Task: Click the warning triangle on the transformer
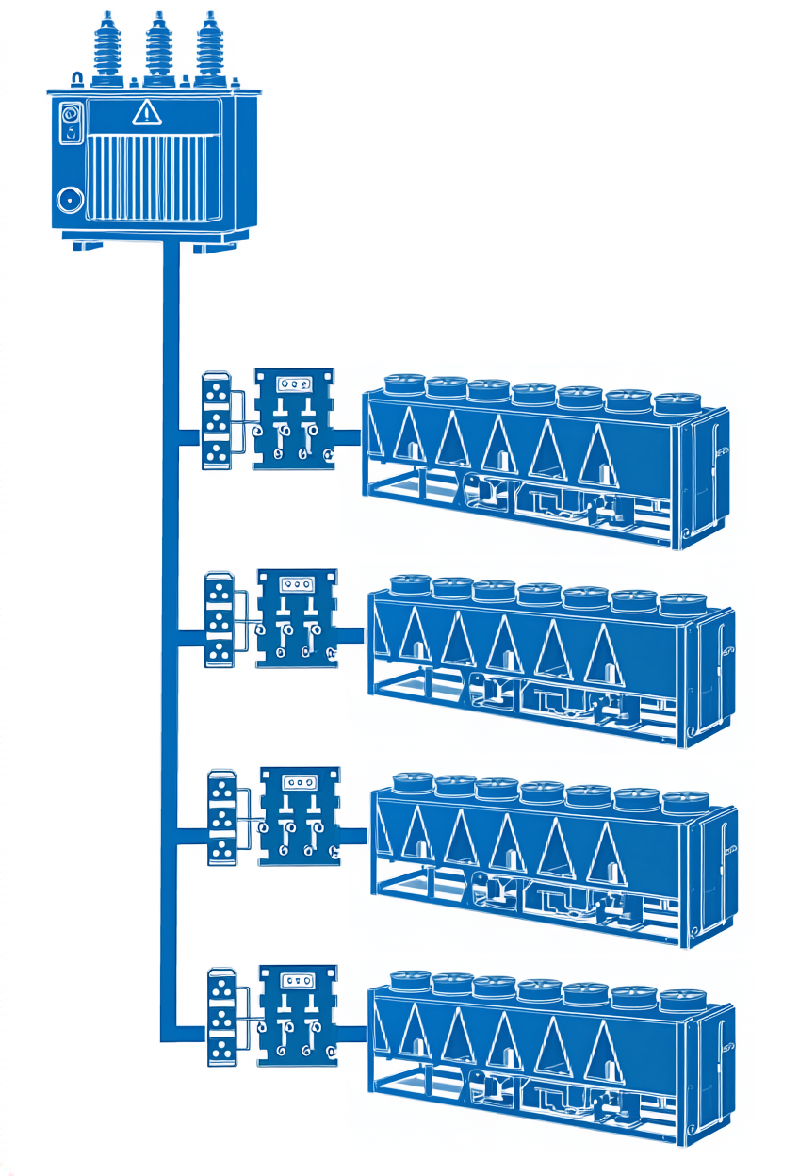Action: tap(147, 114)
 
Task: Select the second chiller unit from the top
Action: tap(548, 660)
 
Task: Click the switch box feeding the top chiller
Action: tap(293, 419)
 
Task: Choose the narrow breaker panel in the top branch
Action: tap(218, 420)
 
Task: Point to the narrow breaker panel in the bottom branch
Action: tap(221, 1016)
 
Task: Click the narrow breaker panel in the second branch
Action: tap(220, 619)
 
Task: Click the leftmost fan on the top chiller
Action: tap(405, 384)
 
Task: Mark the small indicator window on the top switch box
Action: tap(293, 384)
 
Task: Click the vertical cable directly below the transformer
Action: tap(171, 311)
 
